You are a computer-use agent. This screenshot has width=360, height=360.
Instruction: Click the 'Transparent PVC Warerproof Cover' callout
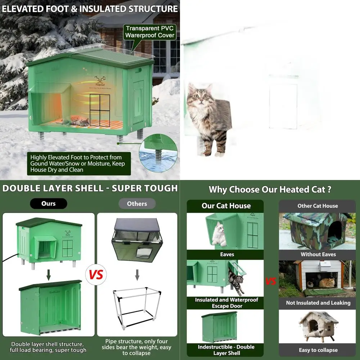coord(150,32)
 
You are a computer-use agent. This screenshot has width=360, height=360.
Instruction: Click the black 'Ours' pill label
coord(48,203)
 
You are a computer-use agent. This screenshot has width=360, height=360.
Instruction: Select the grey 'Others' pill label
coord(137,203)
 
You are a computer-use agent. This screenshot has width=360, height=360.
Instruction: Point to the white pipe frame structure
coord(137,308)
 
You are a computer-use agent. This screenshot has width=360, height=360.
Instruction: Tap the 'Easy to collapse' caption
coord(318,350)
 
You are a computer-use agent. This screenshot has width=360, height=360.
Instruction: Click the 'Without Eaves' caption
coord(318,254)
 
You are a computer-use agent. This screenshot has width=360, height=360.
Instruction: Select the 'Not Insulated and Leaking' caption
coord(318,303)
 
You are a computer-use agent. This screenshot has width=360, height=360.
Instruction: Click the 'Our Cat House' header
coord(226,206)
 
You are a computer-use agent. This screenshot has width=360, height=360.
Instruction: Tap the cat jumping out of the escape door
coord(236,283)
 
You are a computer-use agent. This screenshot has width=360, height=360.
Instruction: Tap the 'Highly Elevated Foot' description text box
coord(79,163)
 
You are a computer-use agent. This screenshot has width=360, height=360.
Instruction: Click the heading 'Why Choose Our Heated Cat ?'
coord(270,189)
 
